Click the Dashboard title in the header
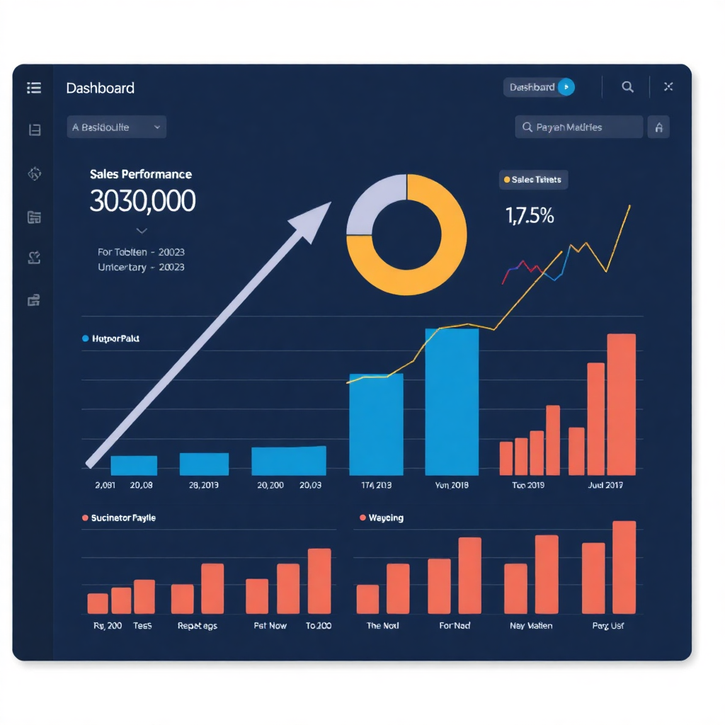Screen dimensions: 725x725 pos(100,89)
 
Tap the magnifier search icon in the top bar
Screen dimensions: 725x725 pos(627,87)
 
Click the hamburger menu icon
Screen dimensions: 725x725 pos(34,88)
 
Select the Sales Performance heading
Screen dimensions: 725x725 pos(141,174)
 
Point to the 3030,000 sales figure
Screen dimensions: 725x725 pos(142,202)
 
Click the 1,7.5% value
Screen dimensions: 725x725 pos(530,215)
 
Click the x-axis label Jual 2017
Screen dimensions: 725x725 pos(605,486)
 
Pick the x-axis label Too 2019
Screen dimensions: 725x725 pos(528,486)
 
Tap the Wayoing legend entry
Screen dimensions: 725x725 pos(382,518)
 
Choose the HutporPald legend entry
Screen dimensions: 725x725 pos(111,339)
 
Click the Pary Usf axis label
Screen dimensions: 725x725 pos(608,626)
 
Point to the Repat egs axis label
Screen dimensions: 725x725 pos(198,626)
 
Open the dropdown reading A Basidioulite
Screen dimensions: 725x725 pos(117,127)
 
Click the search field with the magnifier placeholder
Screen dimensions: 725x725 pos(578,127)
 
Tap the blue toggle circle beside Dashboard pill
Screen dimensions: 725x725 pos(566,87)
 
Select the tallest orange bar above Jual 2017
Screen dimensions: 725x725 pos(621,404)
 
